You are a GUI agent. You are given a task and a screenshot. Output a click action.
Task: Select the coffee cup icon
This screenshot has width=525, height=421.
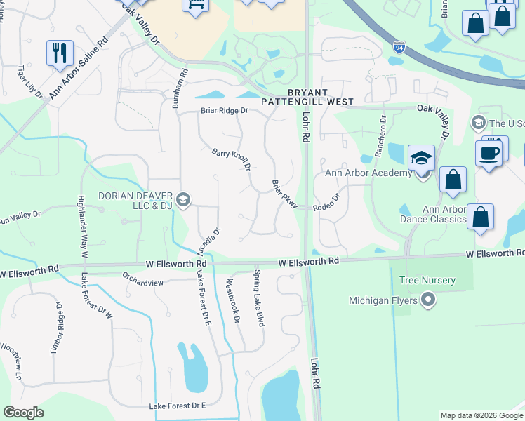point(489,152)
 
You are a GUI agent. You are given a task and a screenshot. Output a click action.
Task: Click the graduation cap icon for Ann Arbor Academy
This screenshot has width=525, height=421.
point(421,158)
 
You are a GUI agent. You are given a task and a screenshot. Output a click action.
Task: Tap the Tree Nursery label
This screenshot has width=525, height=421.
point(427,281)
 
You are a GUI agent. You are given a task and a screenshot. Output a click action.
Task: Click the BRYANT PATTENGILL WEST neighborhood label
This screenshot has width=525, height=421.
point(307,97)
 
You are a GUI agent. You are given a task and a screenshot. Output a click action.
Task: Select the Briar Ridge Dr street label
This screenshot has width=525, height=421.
point(225,111)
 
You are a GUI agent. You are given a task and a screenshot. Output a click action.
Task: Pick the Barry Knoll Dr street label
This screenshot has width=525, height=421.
point(232,159)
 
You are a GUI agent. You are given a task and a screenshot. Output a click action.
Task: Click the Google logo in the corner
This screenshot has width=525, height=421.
point(24,413)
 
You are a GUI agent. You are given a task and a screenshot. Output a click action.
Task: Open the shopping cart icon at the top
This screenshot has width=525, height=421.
point(195,6)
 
